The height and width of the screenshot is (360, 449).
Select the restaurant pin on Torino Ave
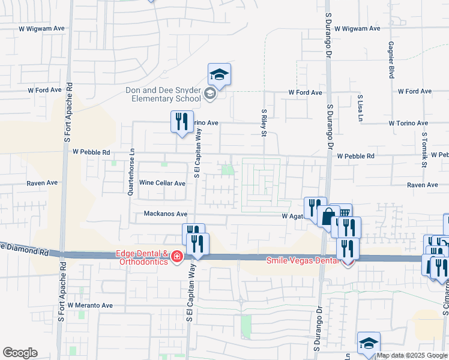click(182, 122)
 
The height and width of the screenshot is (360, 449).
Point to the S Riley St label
click(264, 122)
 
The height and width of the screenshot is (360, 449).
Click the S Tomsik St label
click(424, 149)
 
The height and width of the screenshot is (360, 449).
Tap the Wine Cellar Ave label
click(162, 184)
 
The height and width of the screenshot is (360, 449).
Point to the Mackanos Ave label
click(166, 214)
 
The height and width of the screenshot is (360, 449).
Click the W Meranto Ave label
click(90, 305)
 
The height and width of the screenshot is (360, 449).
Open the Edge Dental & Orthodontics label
click(142, 257)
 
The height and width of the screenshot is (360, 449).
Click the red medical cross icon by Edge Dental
click(176, 257)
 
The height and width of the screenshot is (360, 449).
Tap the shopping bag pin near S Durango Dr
click(328, 217)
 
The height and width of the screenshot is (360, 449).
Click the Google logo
click(19, 353)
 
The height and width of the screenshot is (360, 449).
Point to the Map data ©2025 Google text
click(412, 355)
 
